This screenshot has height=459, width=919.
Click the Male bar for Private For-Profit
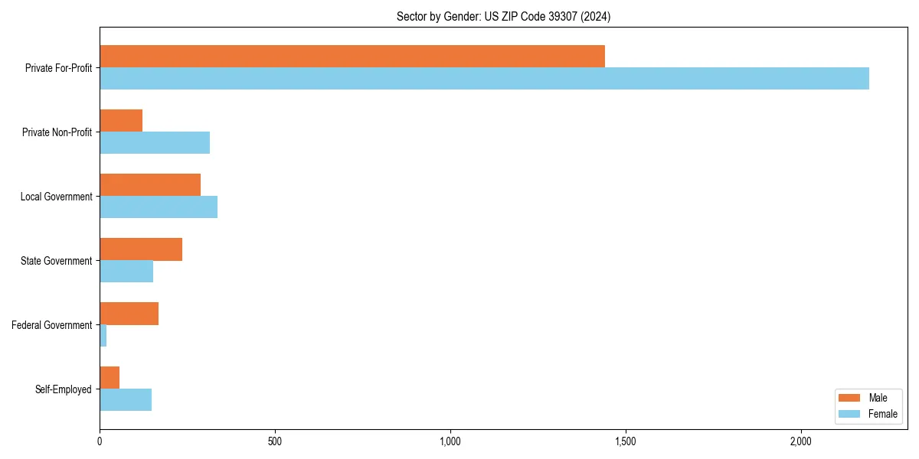352,56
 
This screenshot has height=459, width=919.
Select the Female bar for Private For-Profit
484,78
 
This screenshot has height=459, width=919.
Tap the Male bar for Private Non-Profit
121,120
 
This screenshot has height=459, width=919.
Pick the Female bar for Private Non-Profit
155,142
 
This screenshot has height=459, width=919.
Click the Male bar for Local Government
150,184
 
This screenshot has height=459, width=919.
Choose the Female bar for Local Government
159,207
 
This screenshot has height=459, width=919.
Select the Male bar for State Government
141,249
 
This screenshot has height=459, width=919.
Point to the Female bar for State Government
126,271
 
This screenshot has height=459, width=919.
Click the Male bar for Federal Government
129,313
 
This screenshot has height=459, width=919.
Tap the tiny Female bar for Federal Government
103,335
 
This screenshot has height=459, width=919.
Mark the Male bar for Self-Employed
110,377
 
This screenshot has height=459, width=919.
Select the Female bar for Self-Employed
126,399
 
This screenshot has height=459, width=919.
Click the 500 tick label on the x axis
275,441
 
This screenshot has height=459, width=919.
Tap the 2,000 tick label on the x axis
800,441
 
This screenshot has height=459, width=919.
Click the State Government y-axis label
56,261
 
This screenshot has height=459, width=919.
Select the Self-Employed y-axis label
63,389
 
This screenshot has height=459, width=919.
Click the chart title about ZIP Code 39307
503,16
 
